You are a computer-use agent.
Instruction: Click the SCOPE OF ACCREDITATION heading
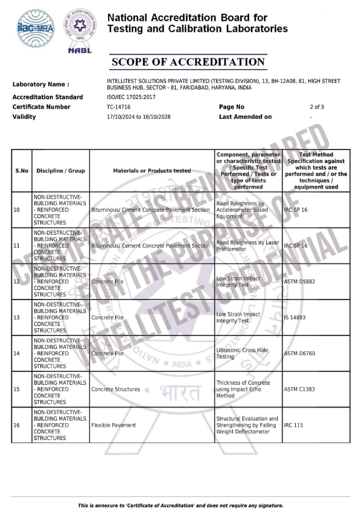coord(188,62)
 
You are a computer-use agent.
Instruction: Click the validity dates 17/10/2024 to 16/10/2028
coord(139,116)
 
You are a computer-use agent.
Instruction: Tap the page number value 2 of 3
coord(317,107)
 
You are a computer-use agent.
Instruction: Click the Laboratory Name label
coord(40,85)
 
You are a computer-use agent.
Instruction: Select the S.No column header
coord(22,170)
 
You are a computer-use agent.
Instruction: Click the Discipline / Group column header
coord(61,170)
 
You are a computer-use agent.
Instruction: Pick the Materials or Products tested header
coord(152,170)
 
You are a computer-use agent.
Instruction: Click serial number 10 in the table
coord(17,210)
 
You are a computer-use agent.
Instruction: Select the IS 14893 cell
coord(296,318)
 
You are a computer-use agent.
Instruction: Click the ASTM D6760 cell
coord(299,353)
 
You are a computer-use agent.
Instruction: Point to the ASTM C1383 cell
coord(299,389)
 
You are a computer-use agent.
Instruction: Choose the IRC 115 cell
coord(293,425)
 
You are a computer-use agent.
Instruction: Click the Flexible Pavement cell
coord(113,425)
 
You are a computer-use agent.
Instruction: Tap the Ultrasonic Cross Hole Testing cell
coord(242,353)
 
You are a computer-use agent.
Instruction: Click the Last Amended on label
coord(245,116)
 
